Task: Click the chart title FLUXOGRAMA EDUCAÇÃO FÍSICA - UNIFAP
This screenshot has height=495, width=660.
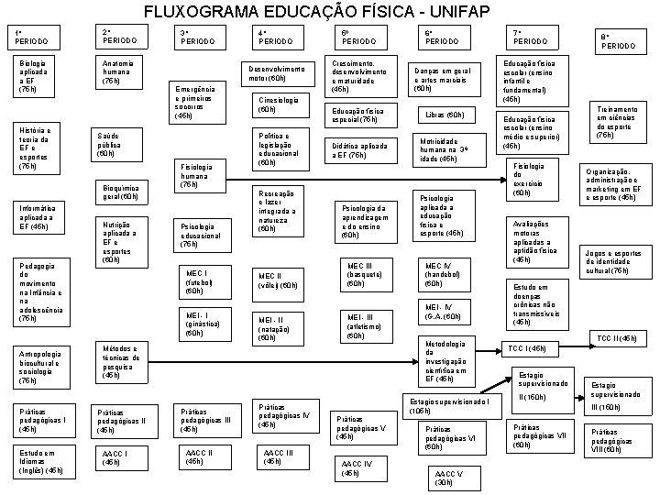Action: (x=329, y=13)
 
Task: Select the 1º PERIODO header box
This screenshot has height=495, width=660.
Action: (x=33, y=38)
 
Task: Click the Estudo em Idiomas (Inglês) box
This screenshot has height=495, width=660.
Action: (x=41, y=460)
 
